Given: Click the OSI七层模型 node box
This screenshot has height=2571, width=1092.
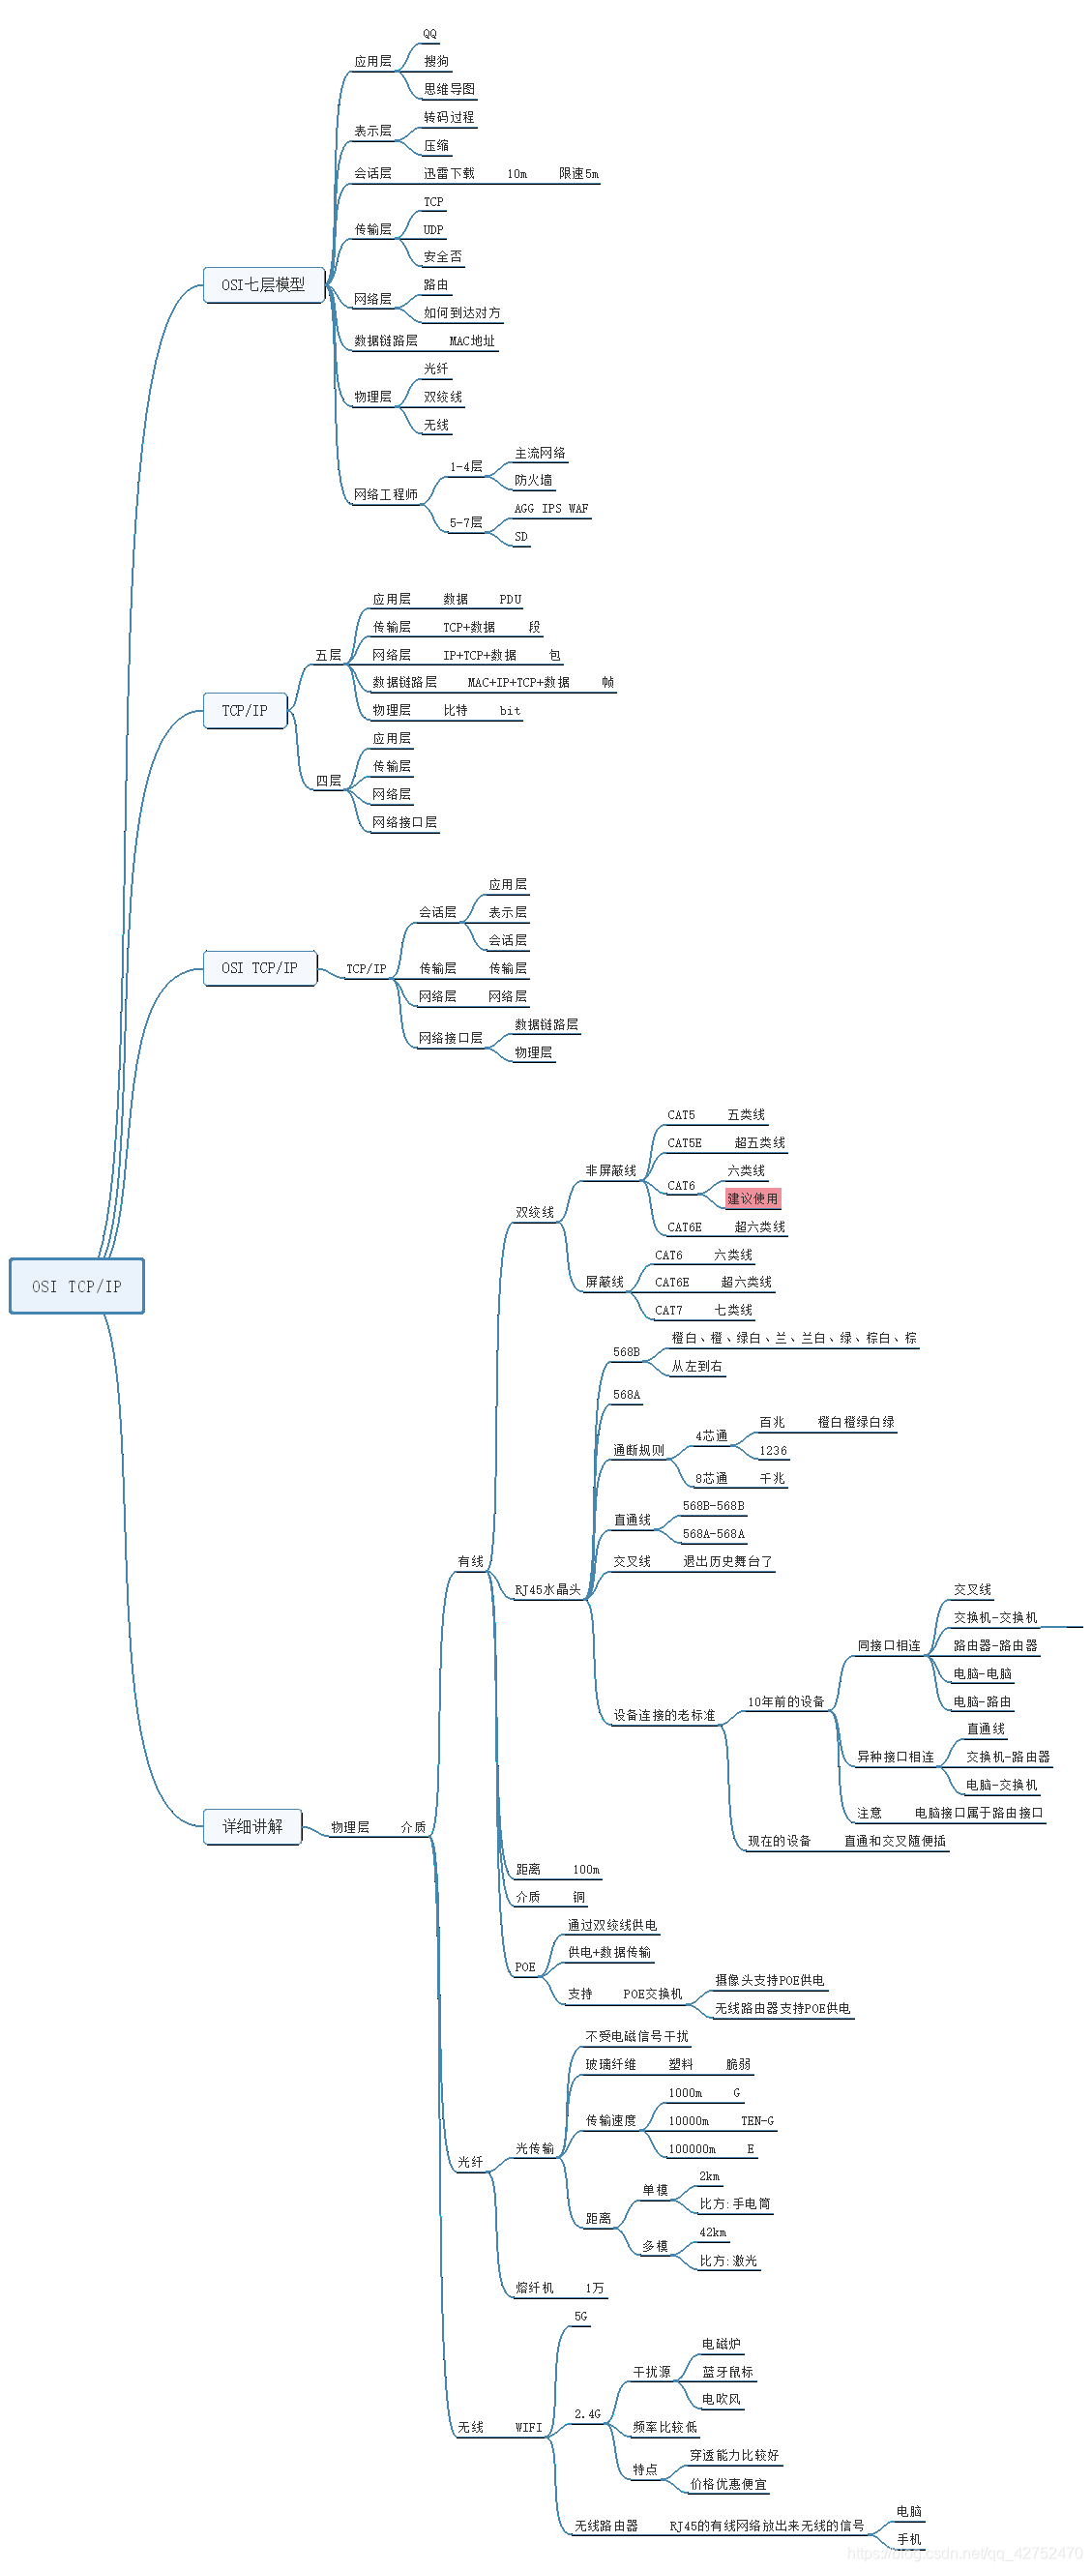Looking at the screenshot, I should (x=263, y=285).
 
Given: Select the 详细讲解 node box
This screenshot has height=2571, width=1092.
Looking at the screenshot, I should (x=252, y=1826).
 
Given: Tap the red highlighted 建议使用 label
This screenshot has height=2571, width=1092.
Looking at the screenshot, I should (x=753, y=1198).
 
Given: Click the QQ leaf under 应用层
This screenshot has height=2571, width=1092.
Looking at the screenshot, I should (x=430, y=34).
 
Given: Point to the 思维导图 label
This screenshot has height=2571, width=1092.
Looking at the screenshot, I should (x=449, y=90).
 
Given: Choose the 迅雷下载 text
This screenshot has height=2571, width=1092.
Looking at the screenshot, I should (x=449, y=174).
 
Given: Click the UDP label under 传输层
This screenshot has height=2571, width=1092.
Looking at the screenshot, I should (x=433, y=229).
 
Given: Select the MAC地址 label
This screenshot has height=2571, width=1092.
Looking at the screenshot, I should (x=472, y=341).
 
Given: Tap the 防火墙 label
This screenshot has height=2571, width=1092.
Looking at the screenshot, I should (x=533, y=481).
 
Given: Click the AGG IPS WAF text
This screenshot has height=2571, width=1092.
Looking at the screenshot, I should (x=551, y=509).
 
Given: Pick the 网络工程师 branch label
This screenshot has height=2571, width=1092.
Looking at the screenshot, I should (x=385, y=495).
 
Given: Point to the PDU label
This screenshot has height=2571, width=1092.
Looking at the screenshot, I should (x=510, y=600).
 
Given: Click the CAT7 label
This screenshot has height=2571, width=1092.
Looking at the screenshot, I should (x=668, y=1311).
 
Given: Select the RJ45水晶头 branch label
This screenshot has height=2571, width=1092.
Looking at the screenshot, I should (x=547, y=1590).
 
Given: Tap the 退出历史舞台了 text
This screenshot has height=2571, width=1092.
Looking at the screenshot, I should (x=727, y=1562).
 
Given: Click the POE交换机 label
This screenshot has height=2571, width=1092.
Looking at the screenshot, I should (x=653, y=1995).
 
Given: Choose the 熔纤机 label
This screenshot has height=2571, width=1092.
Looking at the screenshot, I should (x=534, y=2289).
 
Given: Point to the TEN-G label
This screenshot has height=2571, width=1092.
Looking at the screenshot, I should (x=756, y=2121).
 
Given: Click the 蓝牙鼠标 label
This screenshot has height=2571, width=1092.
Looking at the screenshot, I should (x=727, y=2373).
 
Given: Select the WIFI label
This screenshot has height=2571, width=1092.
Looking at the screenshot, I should (x=529, y=2428).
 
